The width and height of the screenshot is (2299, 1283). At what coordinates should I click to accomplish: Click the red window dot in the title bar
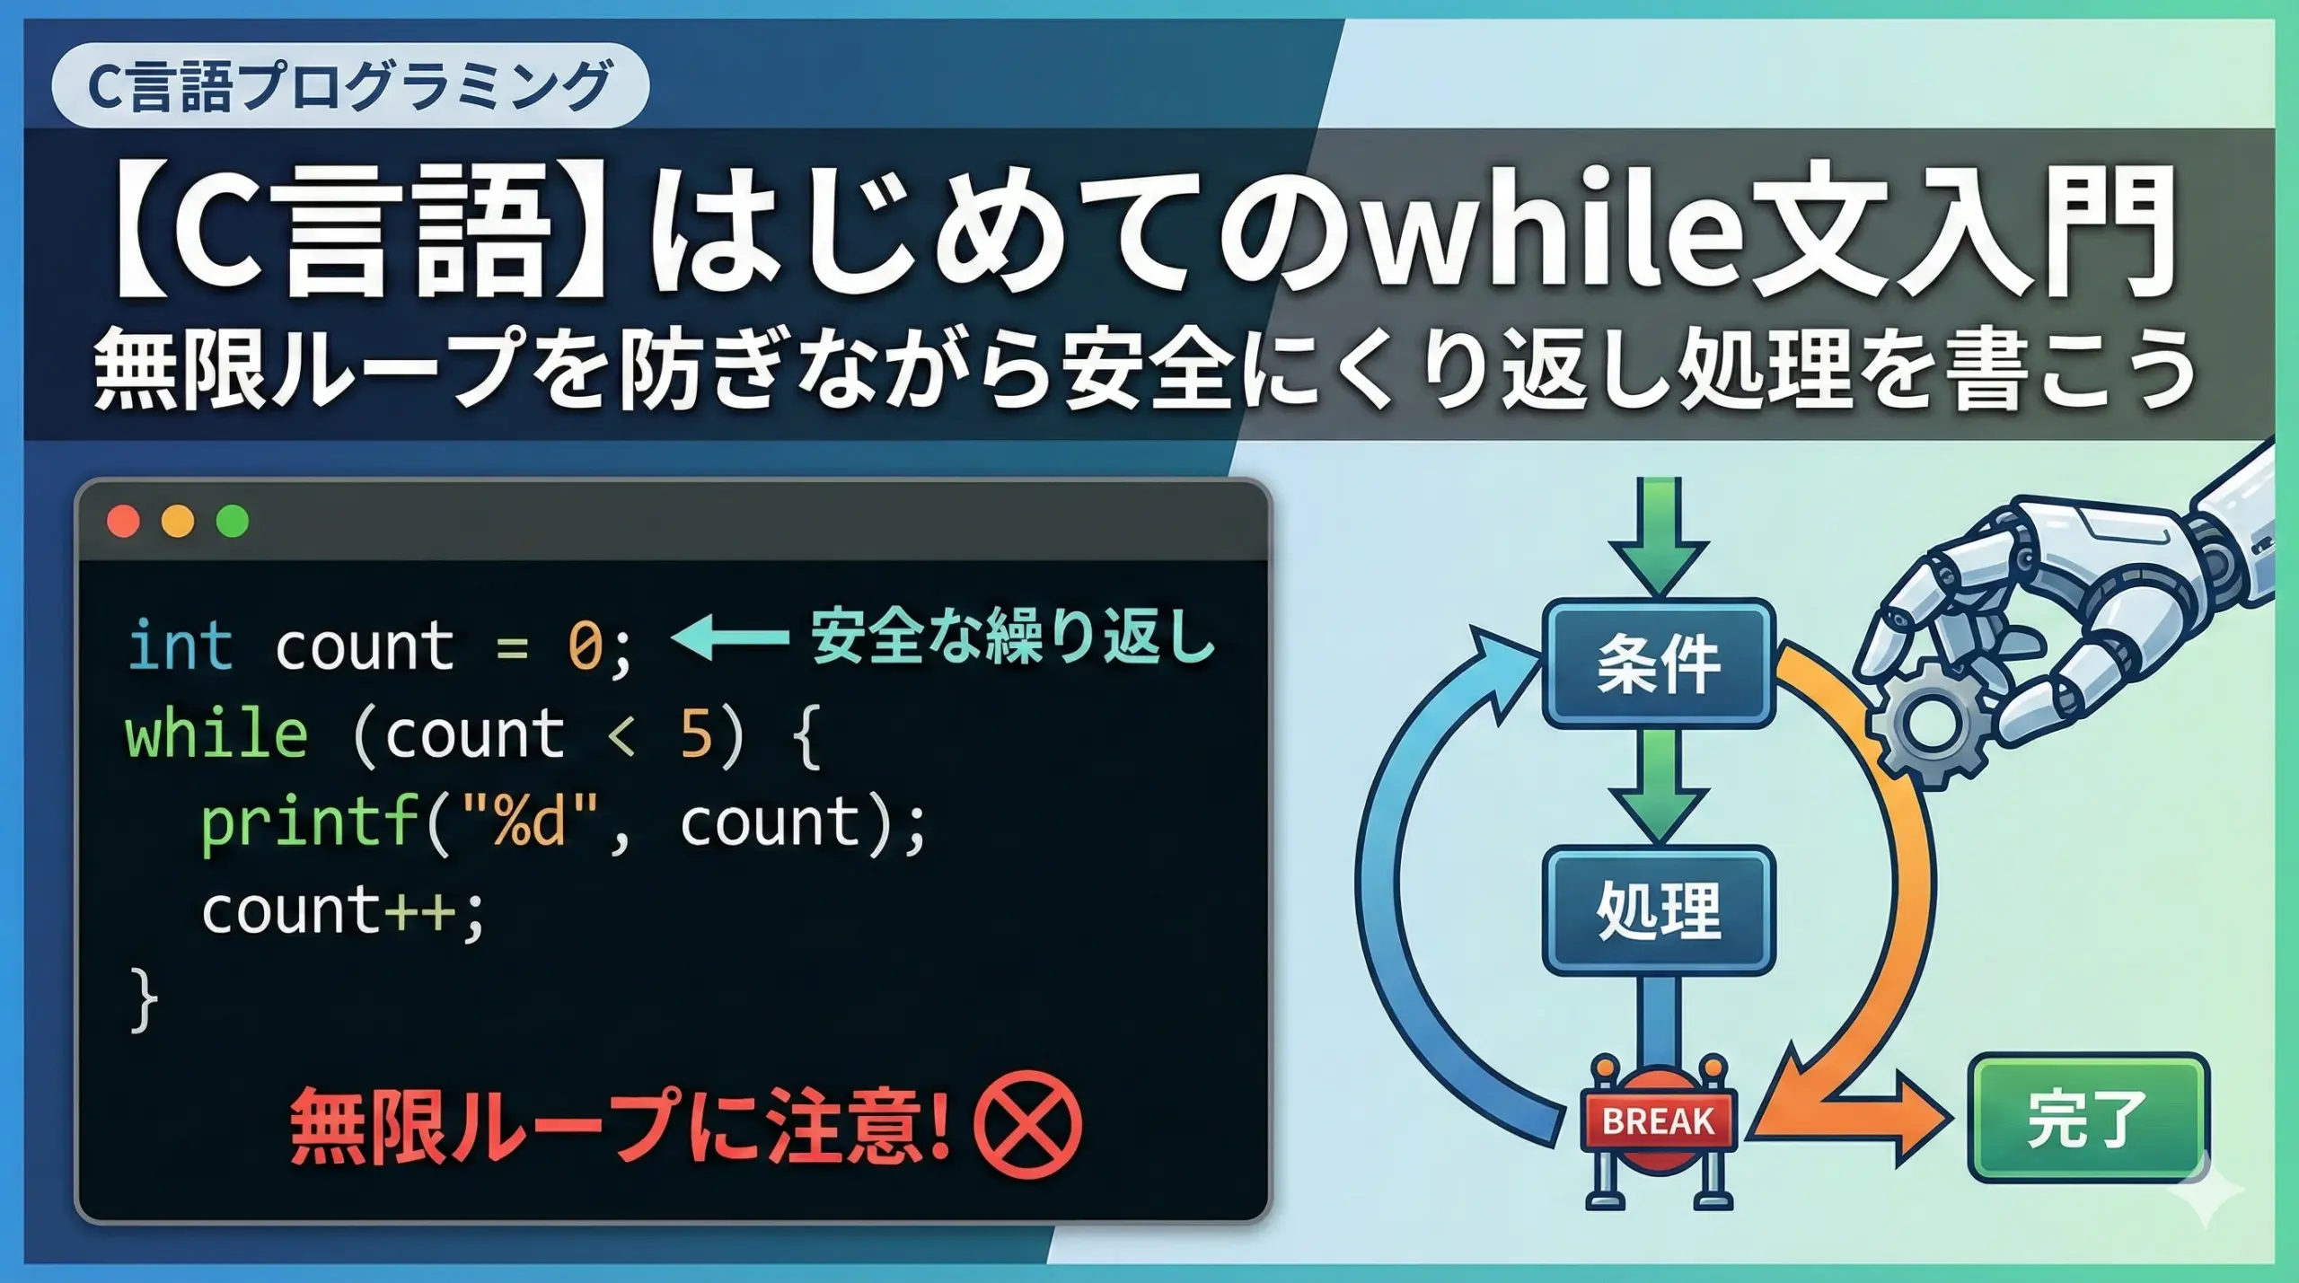click(x=123, y=522)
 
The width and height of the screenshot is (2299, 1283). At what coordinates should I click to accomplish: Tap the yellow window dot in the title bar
click(x=178, y=522)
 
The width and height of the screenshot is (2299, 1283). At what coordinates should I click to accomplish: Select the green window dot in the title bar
click(x=233, y=522)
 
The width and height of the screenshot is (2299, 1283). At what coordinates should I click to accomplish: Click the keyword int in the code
click(x=181, y=645)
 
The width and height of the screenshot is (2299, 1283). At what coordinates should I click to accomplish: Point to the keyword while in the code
click(x=216, y=733)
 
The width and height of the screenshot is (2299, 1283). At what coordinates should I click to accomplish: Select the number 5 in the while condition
click(x=696, y=734)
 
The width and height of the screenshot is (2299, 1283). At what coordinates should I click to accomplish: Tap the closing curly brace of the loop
click(x=144, y=1000)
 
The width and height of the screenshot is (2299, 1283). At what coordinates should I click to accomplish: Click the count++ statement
click(x=343, y=911)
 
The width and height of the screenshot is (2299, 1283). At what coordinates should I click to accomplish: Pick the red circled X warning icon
click(x=1027, y=1124)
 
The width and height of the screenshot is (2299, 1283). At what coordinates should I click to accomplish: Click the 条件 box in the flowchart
click(x=1658, y=663)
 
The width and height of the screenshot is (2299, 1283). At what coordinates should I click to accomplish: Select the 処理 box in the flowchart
click(x=1658, y=910)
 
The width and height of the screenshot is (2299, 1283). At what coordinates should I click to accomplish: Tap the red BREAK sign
click(x=1658, y=1120)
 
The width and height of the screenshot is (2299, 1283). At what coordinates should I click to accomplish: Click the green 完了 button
click(x=2087, y=1119)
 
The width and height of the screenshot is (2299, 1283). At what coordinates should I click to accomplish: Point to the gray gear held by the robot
click(x=1929, y=724)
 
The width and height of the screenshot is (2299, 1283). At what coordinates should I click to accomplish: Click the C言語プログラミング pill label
click(x=350, y=85)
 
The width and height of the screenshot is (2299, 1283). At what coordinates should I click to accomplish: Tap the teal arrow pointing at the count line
click(x=729, y=638)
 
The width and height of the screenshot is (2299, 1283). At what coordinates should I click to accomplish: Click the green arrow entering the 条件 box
click(x=1658, y=536)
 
